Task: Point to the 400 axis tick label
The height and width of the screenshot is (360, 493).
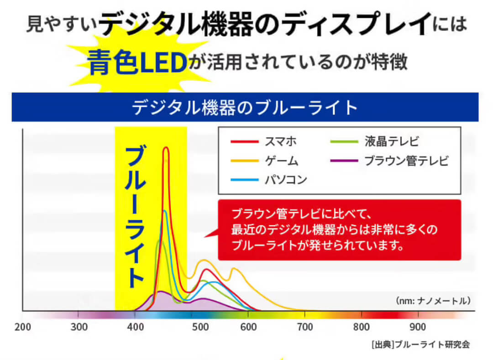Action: click(x=135, y=327)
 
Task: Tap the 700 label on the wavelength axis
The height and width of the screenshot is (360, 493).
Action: click(x=304, y=327)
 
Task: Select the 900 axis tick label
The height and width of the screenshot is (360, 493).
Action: click(x=417, y=327)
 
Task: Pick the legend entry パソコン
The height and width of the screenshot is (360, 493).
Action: click(x=286, y=179)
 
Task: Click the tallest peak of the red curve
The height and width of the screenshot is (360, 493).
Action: click(x=166, y=148)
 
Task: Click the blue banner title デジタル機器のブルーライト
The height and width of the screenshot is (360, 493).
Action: click(x=245, y=108)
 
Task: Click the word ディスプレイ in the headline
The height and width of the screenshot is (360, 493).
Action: click(x=357, y=24)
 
